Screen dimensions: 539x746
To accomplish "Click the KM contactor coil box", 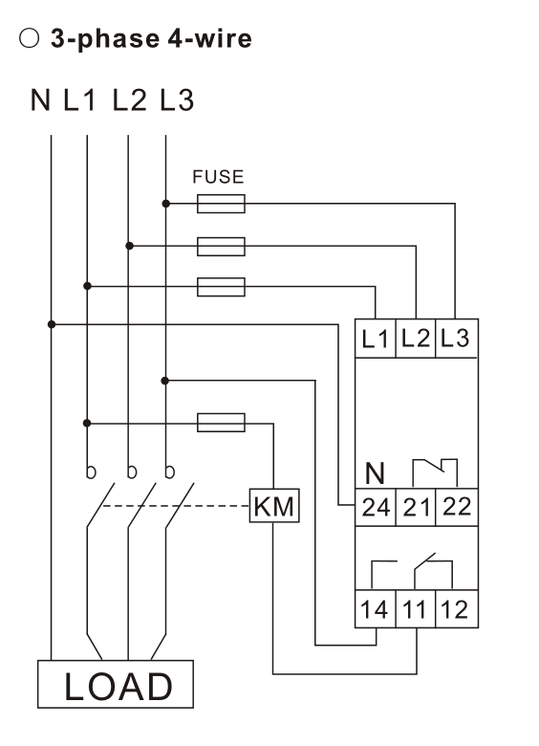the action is pos(274,505).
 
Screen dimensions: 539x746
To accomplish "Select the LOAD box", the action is pos(116,684).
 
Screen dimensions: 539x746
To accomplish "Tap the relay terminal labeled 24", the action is pos(376,507).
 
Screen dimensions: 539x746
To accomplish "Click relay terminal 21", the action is pos(416,507).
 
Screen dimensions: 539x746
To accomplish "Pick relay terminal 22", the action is pos(457,507).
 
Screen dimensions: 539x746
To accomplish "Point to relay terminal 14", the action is pos(376,609).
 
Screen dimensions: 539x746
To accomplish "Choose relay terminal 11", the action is pos(416,609).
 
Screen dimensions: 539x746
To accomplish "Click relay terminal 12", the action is pos(457,609).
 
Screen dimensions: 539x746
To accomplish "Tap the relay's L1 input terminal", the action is pos(376,339).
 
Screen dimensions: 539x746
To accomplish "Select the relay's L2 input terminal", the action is pos(416,339).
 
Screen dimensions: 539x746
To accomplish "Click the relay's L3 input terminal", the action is pos(457,339).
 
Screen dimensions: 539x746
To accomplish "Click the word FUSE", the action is pos(218,177).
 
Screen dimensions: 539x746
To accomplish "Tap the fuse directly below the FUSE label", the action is pos(221,204).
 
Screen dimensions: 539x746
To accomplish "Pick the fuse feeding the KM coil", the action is pos(221,423).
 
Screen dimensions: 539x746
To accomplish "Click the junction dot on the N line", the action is pos(52,324).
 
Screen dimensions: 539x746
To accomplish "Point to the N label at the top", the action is pos(40,99).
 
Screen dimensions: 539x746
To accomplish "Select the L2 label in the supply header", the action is pos(130,99).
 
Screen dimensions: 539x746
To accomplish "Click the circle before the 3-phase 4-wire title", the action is pos(29,38).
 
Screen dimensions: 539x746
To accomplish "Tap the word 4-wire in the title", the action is pos(209,38).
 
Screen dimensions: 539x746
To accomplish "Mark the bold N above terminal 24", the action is pos(375,472).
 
